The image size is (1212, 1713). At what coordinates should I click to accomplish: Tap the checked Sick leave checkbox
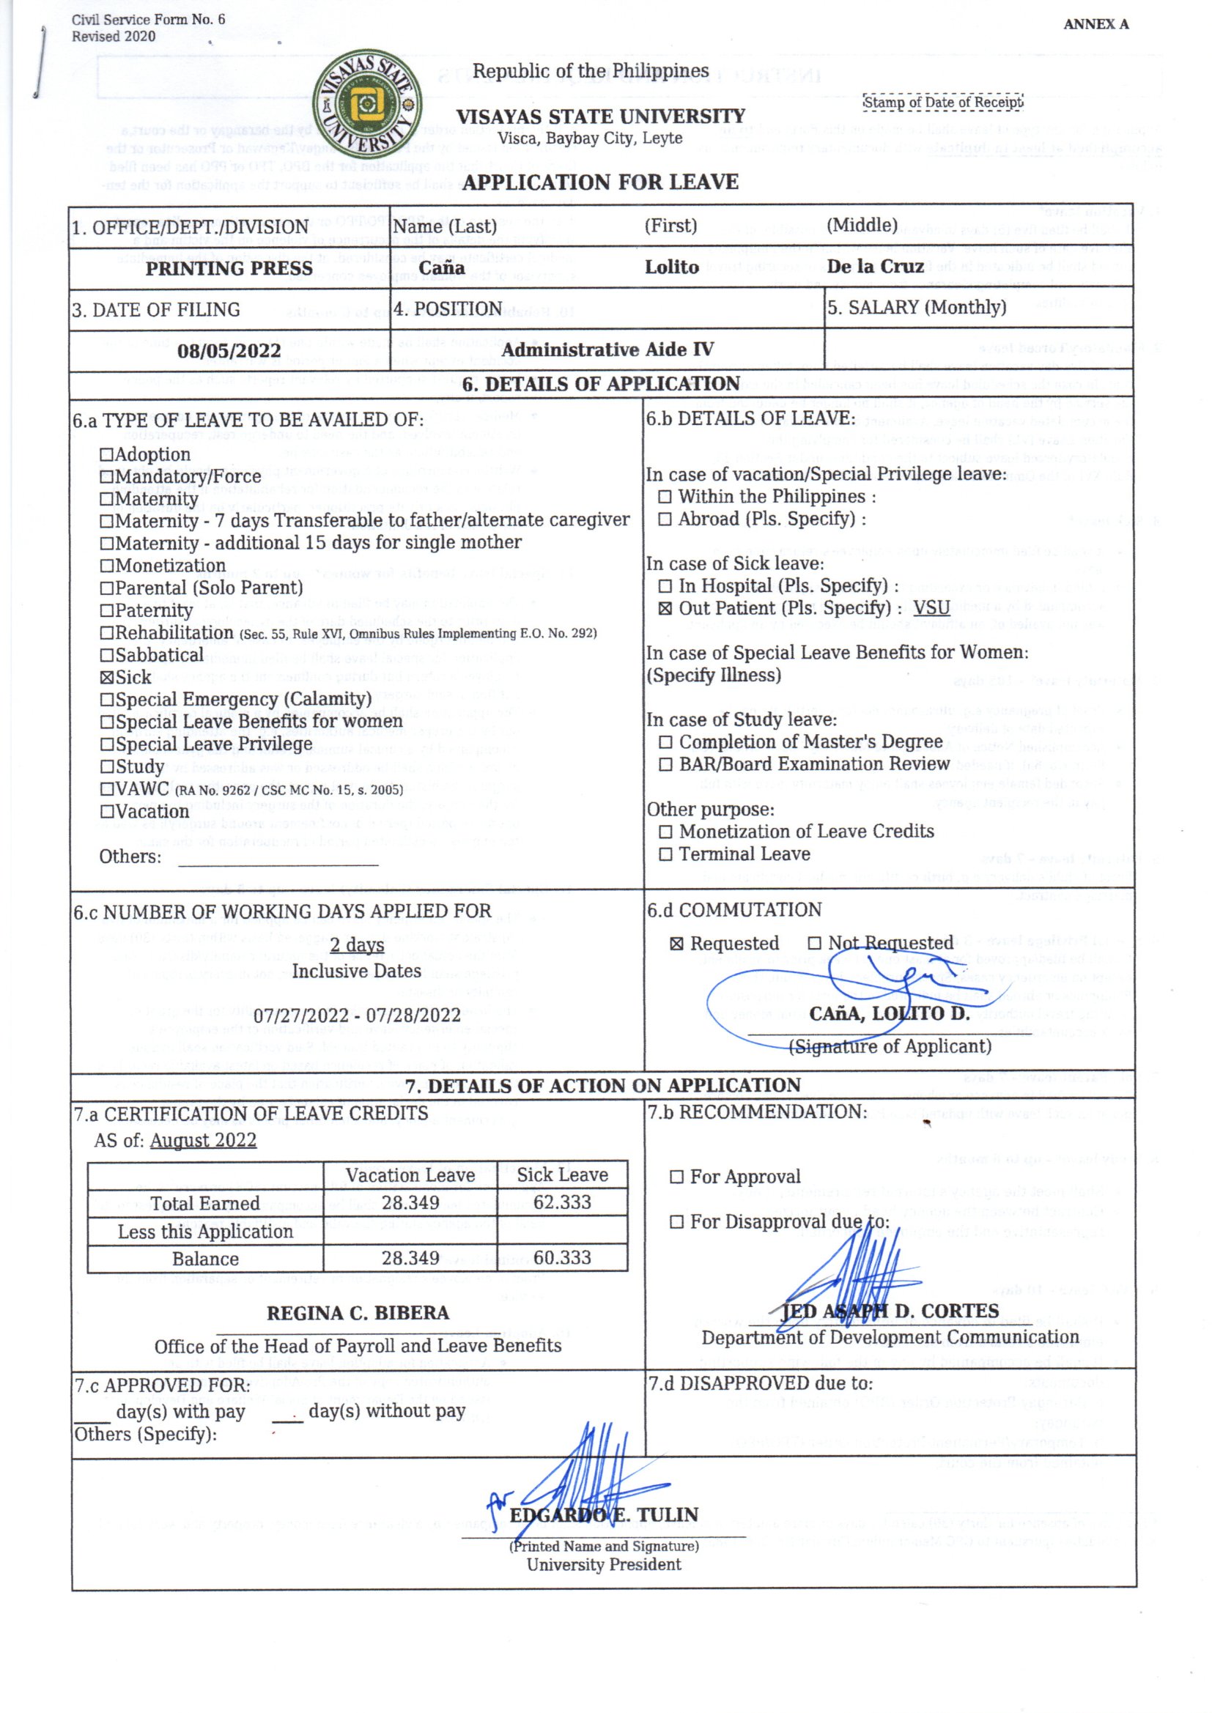(x=107, y=678)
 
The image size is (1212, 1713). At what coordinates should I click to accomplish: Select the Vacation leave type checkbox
(x=107, y=812)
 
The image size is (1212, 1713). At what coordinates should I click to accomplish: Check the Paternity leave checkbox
(x=107, y=610)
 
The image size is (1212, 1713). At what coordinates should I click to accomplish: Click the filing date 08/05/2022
(x=229, y=351)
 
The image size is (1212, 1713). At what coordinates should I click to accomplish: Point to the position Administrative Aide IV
(x=607, y=350)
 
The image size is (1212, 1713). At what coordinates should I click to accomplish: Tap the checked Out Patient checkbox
(x=665, y=609)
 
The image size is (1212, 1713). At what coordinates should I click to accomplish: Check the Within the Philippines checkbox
(x=665, y=497)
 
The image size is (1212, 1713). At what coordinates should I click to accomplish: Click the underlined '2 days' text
(x=357, y=945)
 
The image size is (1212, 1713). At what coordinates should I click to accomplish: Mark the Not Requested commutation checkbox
(x=814, y=944)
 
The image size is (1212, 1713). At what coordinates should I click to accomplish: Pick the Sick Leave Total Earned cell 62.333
(x=562, y=1202)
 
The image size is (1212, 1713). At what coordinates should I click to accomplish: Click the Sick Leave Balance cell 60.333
(x=562, y=1258)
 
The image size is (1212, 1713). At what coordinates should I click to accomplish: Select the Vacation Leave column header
(x=410, y=1175)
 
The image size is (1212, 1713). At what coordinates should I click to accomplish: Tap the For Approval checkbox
(x=677, y=1177)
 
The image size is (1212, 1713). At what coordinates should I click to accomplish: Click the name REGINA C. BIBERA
(x=358, y=1313)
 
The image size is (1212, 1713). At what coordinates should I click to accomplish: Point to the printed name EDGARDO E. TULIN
(x=604, y=1515)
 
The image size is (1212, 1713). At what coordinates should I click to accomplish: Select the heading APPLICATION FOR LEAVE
(x=600, y=182)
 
